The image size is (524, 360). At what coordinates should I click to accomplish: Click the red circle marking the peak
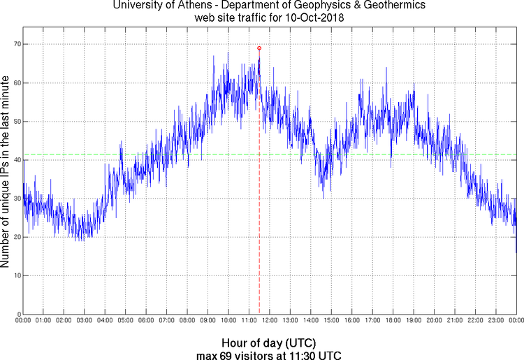coord(259,48)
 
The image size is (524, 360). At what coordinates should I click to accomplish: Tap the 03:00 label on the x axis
coord(84,321)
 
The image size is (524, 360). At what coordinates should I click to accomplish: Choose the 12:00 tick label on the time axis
coord(269,321)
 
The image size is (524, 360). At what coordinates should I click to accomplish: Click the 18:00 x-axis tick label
coord(393,321)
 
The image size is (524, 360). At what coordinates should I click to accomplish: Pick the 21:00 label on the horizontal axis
coord(454,321)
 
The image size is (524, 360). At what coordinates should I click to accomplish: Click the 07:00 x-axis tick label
coord(166,321)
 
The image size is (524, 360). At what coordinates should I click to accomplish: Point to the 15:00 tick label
coord(331,321)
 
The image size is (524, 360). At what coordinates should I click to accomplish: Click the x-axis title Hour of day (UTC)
coord(269,343)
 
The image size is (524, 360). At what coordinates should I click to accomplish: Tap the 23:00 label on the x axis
coord(495,321)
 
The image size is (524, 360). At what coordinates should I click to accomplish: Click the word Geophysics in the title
coord(303,6)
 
